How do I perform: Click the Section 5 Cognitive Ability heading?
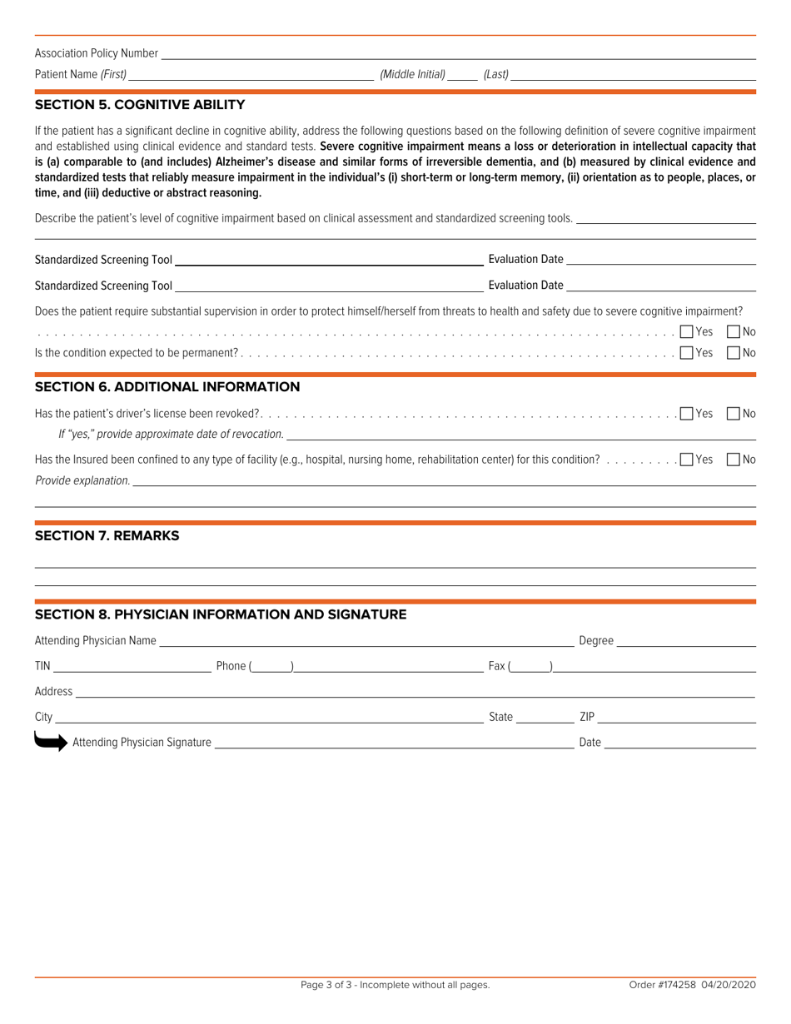click(x=139, y=105)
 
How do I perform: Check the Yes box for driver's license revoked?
click(x=686, y=413)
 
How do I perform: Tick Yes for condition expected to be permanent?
click(x=686, y=353)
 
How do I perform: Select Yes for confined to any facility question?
click(x=686, y=460)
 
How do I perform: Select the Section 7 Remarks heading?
click(x=107, y=536)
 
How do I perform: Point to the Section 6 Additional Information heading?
click(x=167, y=386)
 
